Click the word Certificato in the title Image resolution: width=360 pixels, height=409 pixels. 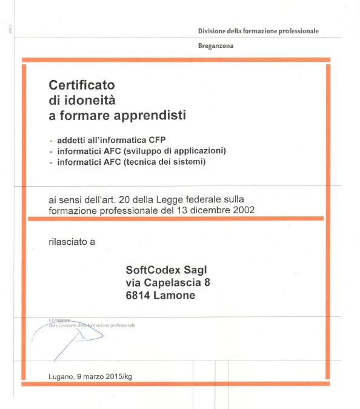(82, 85)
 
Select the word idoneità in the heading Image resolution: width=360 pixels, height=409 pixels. (89, 100)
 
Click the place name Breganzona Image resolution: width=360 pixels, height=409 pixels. (216, 45)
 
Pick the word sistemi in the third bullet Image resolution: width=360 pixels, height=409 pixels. (191, 162)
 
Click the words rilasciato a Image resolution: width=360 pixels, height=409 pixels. (72, 242)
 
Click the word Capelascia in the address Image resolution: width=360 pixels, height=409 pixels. (172, 282)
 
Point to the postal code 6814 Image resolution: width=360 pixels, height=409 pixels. (138, 296)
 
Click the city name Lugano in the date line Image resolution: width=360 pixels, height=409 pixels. (62, 376)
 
